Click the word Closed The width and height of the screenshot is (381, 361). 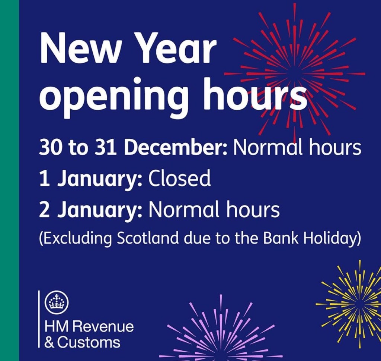coord(180,179)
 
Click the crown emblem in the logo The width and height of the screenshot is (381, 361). coord(57,302)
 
